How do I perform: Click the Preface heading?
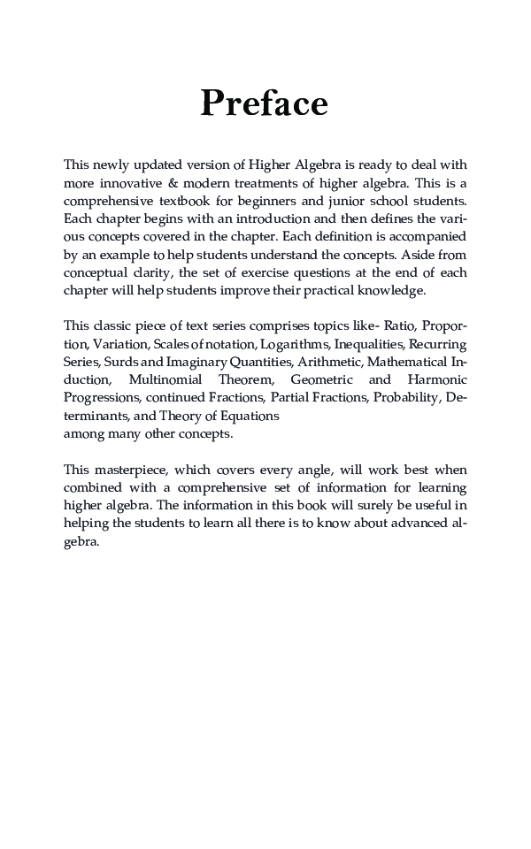(x=265, y=103)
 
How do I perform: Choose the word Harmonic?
(x=437, y=379)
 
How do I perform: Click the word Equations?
(x=251, y=416)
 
